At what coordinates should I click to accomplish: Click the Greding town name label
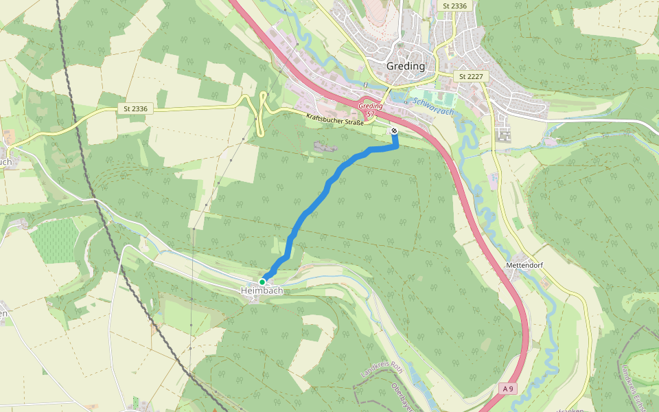click(x=406, y=67)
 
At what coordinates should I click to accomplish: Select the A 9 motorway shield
click(x=508, y=389)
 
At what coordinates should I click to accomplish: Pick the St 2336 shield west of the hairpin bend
click(x=135, y=108)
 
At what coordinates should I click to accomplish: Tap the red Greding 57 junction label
click(x=371, y=108)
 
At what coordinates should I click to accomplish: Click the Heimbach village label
click(x=262, y=291)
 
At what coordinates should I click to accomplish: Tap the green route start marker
click(x=262, y=282)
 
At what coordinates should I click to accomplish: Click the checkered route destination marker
click(x=394, y=130)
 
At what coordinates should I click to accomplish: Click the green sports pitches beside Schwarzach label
click(x=436, y=98)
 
